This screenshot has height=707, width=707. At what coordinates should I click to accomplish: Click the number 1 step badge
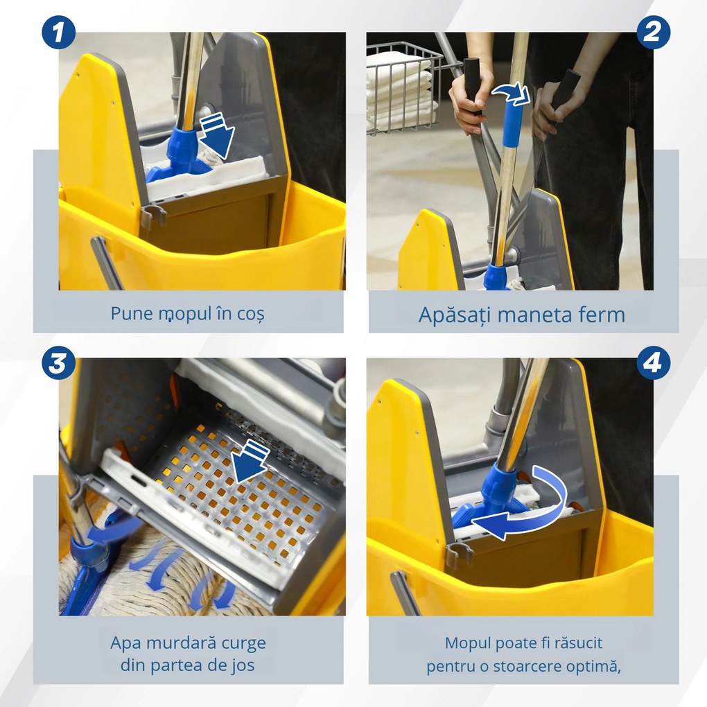[x=59, y=33]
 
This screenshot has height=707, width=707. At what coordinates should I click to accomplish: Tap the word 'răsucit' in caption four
[x=582, y=643]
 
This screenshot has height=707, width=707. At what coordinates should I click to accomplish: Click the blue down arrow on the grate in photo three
[x=252, y=464]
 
